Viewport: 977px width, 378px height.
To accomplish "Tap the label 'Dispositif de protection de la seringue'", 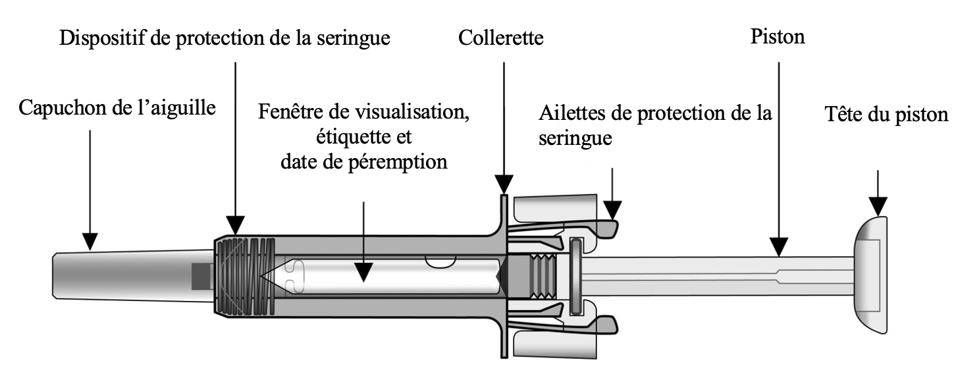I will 225,38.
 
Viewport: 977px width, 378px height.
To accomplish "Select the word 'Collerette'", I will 502,38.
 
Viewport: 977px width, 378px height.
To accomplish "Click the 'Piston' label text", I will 778,38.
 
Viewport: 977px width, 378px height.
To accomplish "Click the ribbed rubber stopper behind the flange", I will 543,277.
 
